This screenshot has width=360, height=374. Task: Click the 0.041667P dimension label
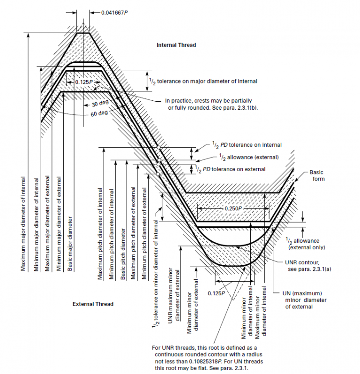pos(114,13)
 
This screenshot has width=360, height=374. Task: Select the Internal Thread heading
pos(176,45)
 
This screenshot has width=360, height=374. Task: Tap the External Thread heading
pos(93,304)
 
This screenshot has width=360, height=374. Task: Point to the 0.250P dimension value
pos(233,208)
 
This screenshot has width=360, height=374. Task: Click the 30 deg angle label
pos(100,104)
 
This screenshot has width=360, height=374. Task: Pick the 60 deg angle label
pos(99,113)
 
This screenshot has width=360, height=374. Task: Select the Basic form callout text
pos(317,176)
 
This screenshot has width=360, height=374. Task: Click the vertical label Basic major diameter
pos(70,244)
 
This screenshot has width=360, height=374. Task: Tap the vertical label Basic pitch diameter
pos(123,254)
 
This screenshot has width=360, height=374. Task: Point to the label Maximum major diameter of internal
pos(23,224)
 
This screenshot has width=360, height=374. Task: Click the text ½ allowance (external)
pos(249,157)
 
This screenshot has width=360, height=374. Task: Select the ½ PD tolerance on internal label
pos(247,145)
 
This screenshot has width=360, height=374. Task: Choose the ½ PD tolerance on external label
pos(230,169)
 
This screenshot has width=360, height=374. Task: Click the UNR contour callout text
pos(308,266)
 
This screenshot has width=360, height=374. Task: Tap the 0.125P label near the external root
pos(216,293)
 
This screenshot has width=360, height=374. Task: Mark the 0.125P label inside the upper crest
pos(84,82)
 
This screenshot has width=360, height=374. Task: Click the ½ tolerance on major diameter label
pos(203,82)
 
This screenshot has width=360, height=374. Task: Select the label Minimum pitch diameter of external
pos(144,233)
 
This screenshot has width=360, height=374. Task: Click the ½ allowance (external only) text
pos(306,244)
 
